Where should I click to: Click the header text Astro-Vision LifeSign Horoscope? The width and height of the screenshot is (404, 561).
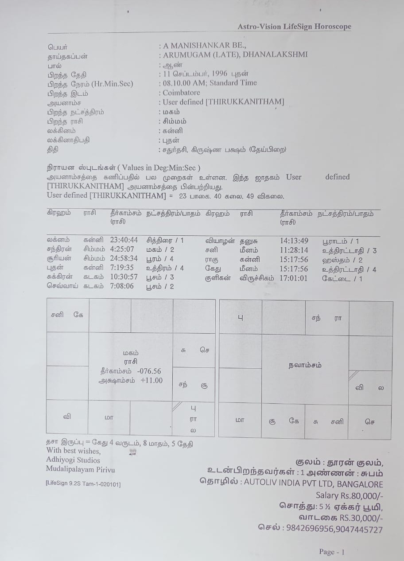point(294,27)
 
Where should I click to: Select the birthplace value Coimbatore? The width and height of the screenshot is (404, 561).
point(181,93)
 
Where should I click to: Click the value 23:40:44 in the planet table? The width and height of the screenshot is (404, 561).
point(124,240)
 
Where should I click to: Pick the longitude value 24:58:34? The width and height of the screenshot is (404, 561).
point(124,258)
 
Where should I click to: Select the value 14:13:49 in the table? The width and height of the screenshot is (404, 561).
point(294,241)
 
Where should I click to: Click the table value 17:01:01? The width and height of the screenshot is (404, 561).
point(294,278)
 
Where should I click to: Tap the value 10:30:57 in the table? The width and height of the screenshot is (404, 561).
point(124,277)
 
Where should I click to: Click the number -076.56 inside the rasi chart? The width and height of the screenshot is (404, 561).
point(149,371)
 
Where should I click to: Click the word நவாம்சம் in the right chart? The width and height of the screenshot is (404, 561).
point(305,365)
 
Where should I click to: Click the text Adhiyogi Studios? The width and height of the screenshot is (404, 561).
point(73,460)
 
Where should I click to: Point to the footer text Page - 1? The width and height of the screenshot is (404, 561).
point(331,552)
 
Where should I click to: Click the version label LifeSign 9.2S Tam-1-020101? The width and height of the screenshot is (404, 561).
point(83,483)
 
